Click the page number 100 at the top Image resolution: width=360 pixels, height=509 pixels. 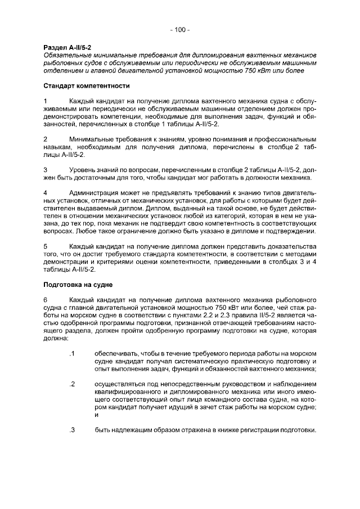[180, 30]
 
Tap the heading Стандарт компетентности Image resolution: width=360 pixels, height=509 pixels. [87, 86]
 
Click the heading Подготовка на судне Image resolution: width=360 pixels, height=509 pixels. [78, 285]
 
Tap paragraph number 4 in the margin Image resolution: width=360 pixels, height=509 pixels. [46, 192]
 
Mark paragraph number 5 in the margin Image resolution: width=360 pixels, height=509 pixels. [46, 246]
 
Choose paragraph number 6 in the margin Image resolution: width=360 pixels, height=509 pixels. [46, 300]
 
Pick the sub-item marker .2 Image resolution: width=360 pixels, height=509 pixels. [71, 384]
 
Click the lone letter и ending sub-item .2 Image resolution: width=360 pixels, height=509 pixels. [96, 415]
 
